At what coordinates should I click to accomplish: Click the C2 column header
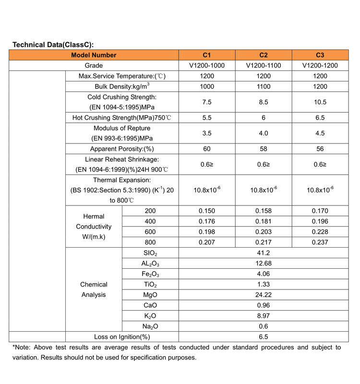point(264,55)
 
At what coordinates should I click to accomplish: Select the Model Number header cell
point(94,55)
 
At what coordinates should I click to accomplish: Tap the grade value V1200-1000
point(207,65)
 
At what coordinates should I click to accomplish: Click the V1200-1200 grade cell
point(320,65)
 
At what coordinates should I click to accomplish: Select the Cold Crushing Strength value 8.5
point(264,102)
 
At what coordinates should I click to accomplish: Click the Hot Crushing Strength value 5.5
point(207,118)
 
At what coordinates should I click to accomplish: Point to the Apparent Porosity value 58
point(264,149)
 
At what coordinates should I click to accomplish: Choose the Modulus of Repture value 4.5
point(320,133)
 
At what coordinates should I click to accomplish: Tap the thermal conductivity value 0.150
point(207,211)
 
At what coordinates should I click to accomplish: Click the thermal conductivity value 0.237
point(320,242)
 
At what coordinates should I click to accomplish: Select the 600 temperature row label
point(150,232)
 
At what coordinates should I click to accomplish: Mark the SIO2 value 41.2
point(264,252)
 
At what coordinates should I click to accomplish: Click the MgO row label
point(150,295)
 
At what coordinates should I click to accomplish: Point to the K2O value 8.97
point(264,316)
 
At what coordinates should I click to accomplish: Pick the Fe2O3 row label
point(150,274)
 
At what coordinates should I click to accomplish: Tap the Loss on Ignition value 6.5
point(264,337)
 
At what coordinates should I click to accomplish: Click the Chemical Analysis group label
point(94,289)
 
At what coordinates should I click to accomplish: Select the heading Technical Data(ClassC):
point(52,45)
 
